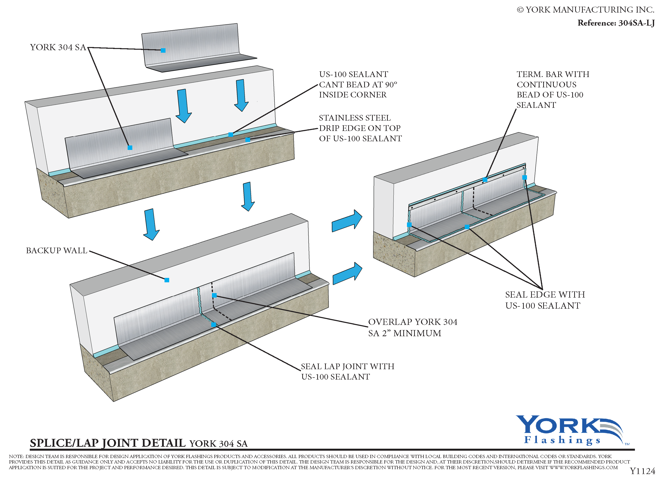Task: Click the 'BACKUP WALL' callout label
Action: coord(57,251)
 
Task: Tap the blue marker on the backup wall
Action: coord(167,280)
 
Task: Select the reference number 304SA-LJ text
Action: coord(616,23)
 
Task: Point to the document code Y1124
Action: coord(642,471)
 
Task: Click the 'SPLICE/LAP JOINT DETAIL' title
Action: coord(108,443)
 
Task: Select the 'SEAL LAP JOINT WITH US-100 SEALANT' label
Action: coord(347,372)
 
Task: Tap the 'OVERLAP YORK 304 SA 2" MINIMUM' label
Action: coord(412,327)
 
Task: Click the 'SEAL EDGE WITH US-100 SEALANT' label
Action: coord(545,300)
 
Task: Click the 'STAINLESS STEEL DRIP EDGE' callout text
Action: coord(360,128)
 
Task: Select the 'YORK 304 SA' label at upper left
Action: coord(58,48)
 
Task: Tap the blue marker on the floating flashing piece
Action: coord(163,50)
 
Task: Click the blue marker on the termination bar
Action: coord(485,180)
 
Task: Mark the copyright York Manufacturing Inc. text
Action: coord(585,10)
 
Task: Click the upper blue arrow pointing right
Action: coord(347,221)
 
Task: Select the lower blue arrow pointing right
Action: coord(347,274)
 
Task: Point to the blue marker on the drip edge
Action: coord(248,140)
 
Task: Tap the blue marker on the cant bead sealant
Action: coord(231,135)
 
